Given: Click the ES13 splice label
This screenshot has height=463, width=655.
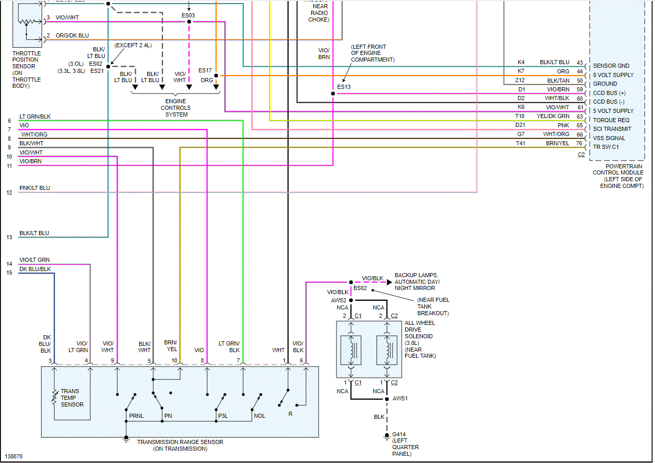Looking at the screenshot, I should pyautogui.click(x=344, y=87).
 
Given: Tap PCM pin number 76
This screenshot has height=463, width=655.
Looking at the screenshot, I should pyautogui.click(x=579, y=144).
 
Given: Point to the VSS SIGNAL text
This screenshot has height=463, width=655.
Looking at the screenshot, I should pyautogui.click(x=609, y=138).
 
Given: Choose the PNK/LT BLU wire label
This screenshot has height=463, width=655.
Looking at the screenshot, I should pyautogui.click(x=35, y=188).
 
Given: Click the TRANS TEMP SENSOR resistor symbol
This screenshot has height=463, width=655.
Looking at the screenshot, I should pyautogui.click(x=54, y=398).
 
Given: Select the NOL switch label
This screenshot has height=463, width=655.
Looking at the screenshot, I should pyautogui.click(x=259, y=415).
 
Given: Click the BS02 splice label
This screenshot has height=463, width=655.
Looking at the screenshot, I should pyautogui.click(x=360, y=288).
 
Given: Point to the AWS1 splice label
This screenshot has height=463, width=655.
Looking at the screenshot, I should pyautogui.click(x=400, y=398).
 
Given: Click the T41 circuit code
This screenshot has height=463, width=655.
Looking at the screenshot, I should pyautogui.click(x=520, y=144).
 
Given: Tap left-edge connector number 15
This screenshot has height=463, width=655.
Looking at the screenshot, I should pyautogui.click(x=9, y=273).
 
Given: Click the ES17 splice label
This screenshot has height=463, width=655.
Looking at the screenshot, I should pyautogui.click(x=205, y=70).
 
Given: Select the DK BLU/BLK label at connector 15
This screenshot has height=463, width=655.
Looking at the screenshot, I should pyautogui.click(x=35, y=269).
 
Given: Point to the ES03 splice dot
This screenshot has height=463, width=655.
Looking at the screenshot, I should pyautogui.click(x=189, y=22).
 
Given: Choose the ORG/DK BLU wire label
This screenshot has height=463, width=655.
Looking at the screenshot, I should pyautogui.click(x=72, y=35).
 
